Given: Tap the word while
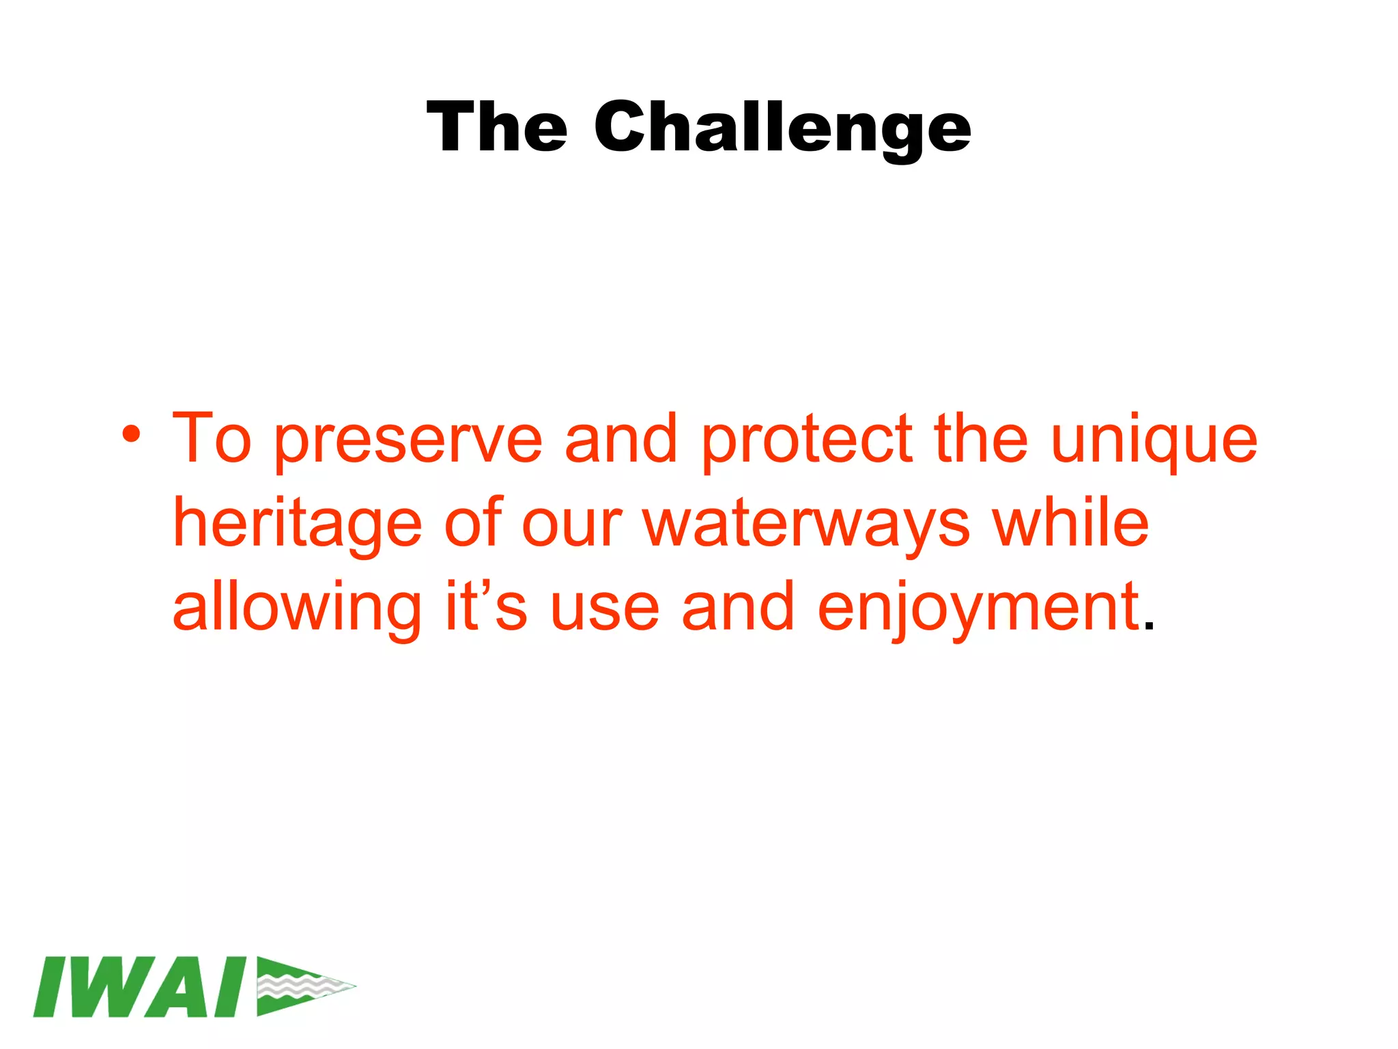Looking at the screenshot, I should (x=1070, y=524).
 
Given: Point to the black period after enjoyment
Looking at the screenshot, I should (x=1149, y=627).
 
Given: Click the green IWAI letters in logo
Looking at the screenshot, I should (x=140, y=986).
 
